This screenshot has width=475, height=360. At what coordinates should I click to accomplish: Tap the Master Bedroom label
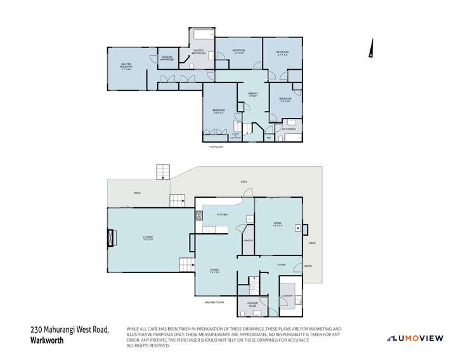pyautogui.click(x=126, y=65)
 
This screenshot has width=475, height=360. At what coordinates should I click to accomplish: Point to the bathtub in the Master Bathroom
pyautogui.click(x=202, y=34)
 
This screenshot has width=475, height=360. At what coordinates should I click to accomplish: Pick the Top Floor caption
pyautogui.click(x=216, y=147)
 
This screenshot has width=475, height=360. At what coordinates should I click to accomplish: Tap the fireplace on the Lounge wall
pyautogui.click(x=112, y=238)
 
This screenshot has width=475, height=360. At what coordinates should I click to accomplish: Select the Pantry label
pyautogui.click(x=248, y=241)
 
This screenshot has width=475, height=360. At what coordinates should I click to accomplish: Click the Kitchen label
pyautogui.click(x=222, y=215)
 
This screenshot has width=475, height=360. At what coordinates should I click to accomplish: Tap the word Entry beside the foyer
pyautogui.click(x=308, y=266)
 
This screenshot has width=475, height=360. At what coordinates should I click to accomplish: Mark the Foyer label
pyautogui.click(x=281, y=264)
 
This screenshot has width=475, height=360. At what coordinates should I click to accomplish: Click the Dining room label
pyautogui.click(x=214, y=271)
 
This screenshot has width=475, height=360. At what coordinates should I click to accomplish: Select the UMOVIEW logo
pyautogui.click(x=415, y=338)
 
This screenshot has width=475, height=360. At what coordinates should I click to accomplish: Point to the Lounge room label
pyautogui.click(x=148, y=238)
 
